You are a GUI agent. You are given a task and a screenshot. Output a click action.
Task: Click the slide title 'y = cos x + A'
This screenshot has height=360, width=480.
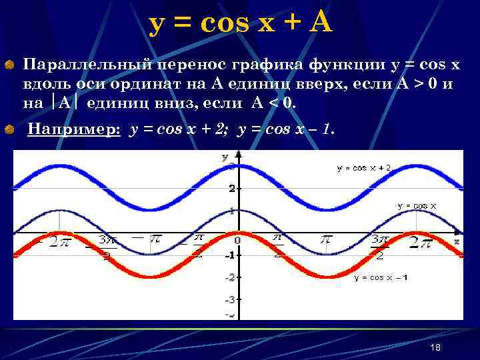(240, 23)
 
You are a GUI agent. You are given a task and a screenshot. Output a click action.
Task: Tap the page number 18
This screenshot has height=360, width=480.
(436, 348)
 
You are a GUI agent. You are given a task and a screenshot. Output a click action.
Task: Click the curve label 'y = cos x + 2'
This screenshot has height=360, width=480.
(364, 169)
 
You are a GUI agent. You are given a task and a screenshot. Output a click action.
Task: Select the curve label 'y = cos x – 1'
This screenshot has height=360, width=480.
(381, 277)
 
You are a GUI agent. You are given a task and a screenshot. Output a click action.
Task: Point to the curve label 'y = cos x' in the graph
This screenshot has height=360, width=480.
(417, 206)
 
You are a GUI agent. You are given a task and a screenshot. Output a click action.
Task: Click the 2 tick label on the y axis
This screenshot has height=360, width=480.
(231, 189)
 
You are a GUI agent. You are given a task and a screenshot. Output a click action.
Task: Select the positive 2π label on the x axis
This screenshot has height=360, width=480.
(420, 243)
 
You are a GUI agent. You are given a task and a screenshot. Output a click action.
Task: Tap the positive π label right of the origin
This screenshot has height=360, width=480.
(325, 239)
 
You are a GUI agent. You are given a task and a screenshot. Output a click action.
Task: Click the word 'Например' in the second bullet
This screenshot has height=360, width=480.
(73, 130)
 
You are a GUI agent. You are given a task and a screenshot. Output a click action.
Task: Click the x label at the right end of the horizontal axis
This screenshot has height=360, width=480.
(457, 239)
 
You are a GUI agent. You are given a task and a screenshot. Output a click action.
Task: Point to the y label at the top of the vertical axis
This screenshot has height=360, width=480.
(225, 157)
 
